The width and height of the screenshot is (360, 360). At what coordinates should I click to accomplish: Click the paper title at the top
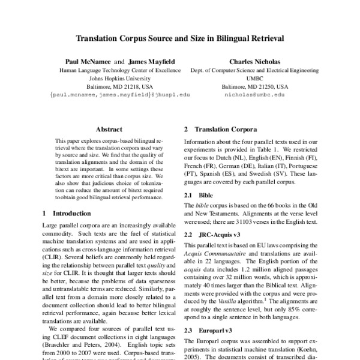(x=179, y=38)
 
